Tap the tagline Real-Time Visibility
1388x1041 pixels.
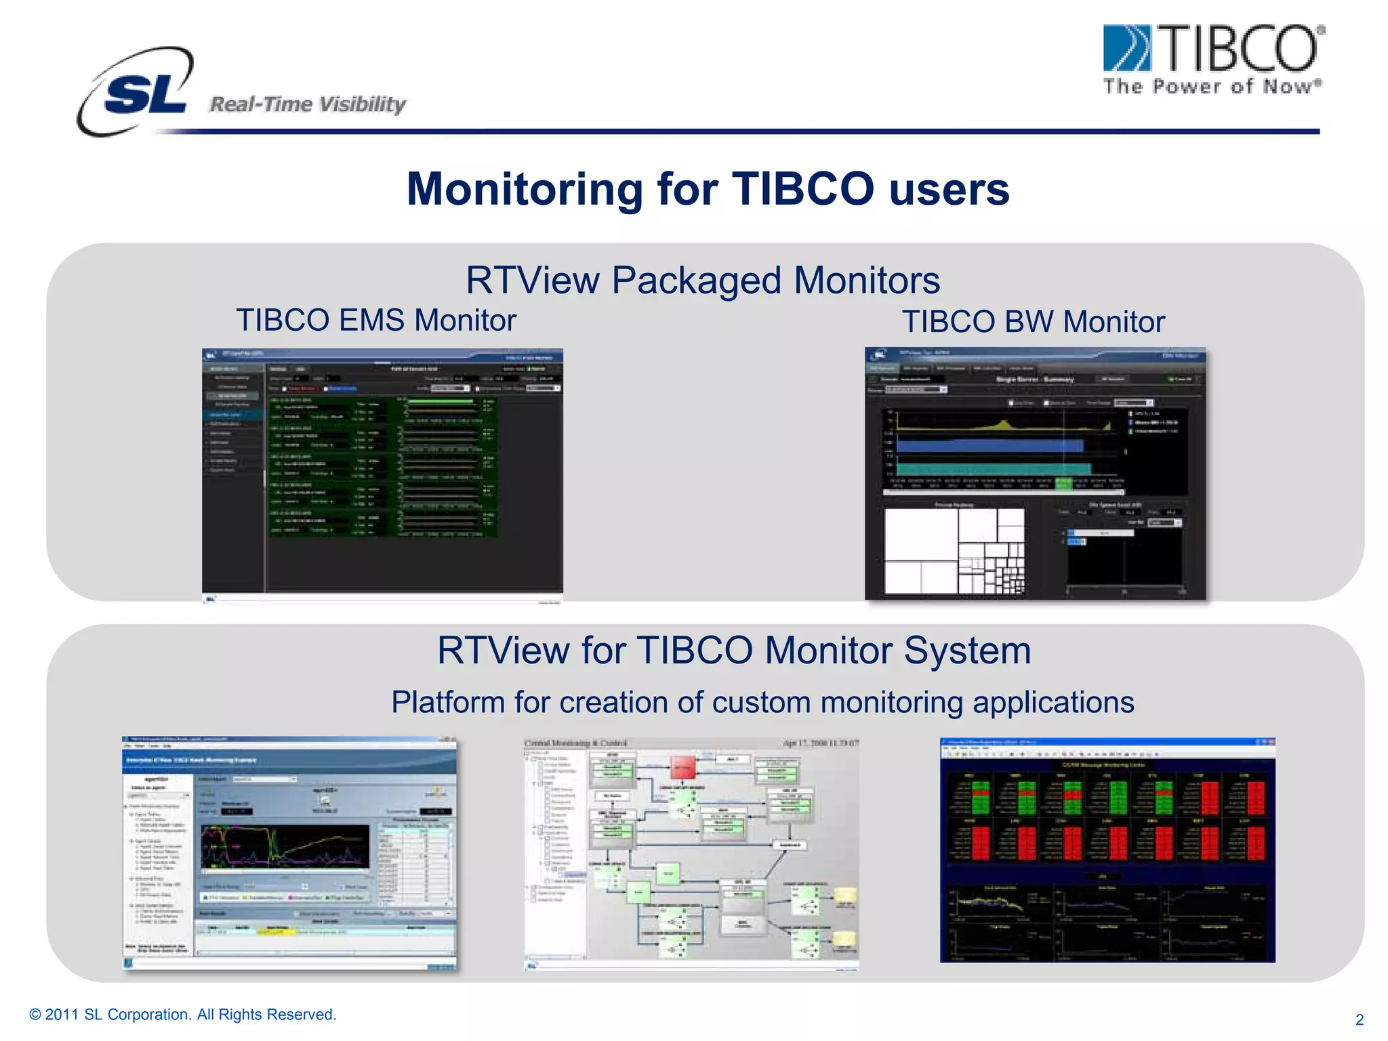[308, 104]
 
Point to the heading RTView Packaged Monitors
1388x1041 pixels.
[703, 280]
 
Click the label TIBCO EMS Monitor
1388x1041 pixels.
[376, 321]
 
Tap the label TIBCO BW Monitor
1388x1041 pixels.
[1033, 322]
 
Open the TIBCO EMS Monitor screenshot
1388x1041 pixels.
[382, 474]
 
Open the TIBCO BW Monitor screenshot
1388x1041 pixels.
[1035, 473]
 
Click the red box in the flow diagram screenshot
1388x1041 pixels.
[682, 767]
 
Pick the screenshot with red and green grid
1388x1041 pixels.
[1107, 850]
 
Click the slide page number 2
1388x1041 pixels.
[1359, 1020]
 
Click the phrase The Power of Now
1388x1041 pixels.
[1212, 87]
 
